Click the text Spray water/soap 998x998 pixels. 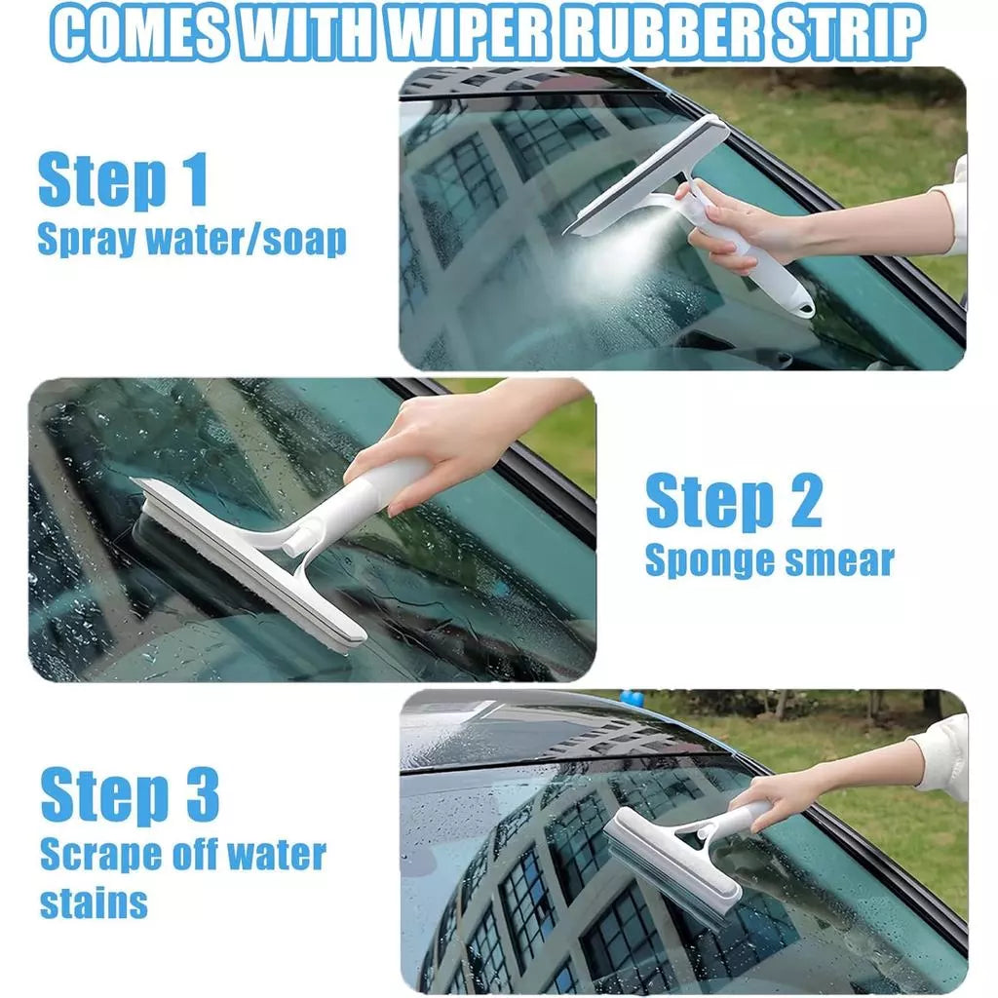pos(192,240)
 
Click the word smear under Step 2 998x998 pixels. pos(840,561)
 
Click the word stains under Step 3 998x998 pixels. pos(94,902)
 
